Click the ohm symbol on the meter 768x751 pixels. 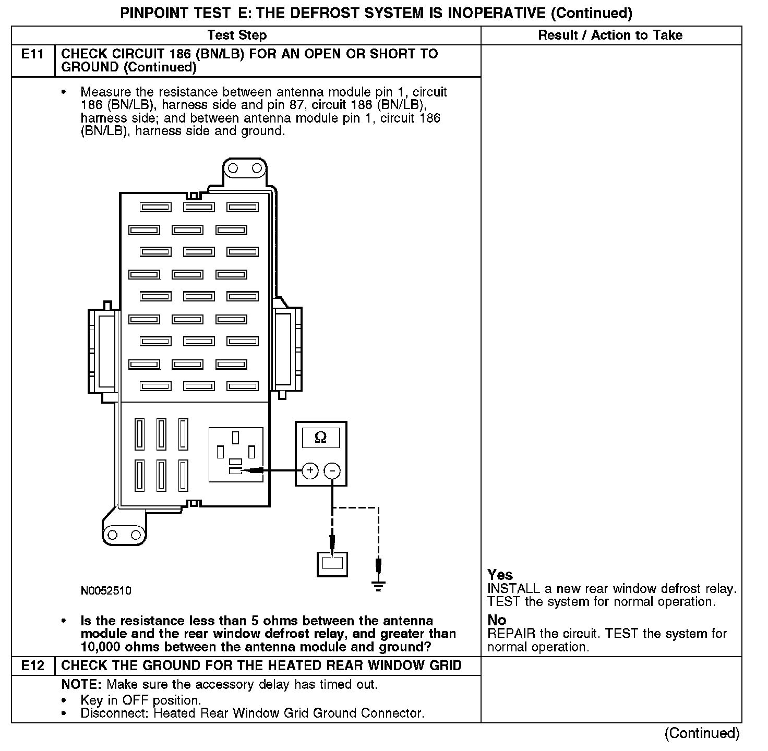[320, 437]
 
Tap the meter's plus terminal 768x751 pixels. [310, 471]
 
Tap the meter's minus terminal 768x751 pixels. [332, 471]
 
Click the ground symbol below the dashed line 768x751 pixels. [379, 585]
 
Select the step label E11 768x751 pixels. [32, 54]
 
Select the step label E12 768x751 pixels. [32, 665]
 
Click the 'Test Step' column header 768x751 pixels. [237, 35]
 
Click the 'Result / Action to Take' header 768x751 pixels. [610, 35]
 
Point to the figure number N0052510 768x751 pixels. [106, 590]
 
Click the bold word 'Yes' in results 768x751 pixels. [500, 575]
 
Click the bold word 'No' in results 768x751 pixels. [497, 620]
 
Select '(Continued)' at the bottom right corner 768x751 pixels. [702, 733]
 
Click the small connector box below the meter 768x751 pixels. [332, 563]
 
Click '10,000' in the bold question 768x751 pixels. [102, 647]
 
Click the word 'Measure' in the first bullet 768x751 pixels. [102, 92]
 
